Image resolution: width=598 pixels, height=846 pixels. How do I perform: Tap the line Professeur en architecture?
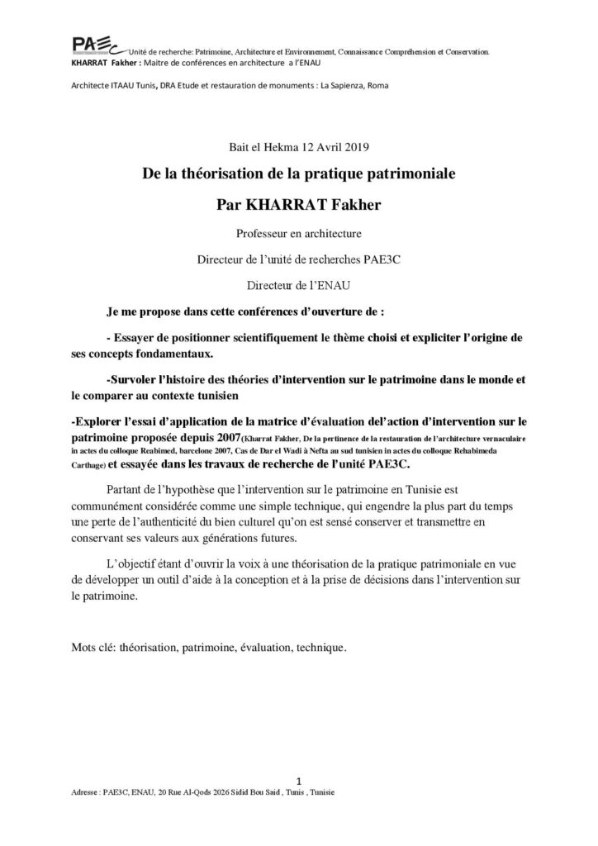click(x=298, y=233)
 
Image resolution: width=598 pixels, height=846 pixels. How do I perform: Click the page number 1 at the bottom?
click(x=298, y=778)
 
